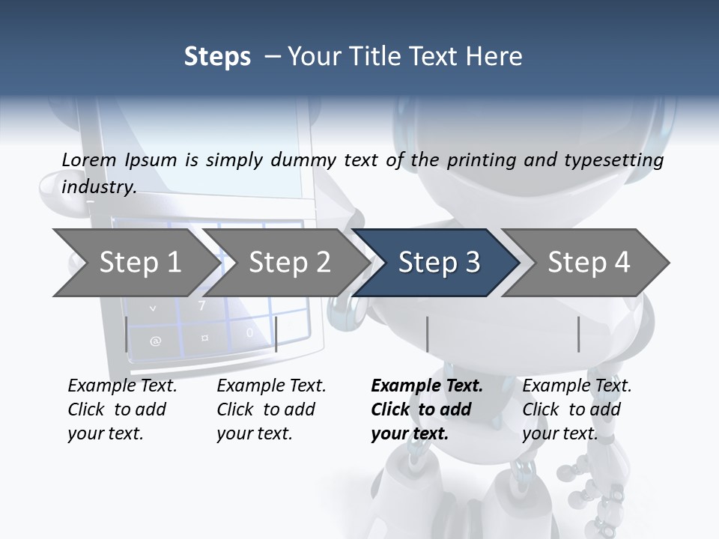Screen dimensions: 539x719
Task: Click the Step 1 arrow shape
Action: click(x=135, y=262)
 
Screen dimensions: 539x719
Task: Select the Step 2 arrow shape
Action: click(x=288, y=262)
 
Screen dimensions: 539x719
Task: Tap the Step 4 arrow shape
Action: click(x=588, y=262)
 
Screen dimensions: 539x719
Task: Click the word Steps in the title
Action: click(x=217, y=57)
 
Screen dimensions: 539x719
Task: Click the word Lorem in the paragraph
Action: click(x=88, y=159)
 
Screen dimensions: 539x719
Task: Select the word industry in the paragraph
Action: click(x=97, y=187)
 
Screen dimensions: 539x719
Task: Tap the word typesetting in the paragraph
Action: click(x=619, y=160)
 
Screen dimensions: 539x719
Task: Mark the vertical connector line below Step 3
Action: click(x=427, y=334)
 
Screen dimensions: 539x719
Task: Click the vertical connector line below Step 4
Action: click(x=579, y=334)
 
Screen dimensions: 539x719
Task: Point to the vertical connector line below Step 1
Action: click(x=126, y=334)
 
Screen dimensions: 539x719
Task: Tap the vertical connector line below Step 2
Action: click(x=276, y=334)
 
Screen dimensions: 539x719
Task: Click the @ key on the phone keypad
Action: click(x=155, y=341)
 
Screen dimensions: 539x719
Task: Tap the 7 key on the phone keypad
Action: click(x=201, y=305)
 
